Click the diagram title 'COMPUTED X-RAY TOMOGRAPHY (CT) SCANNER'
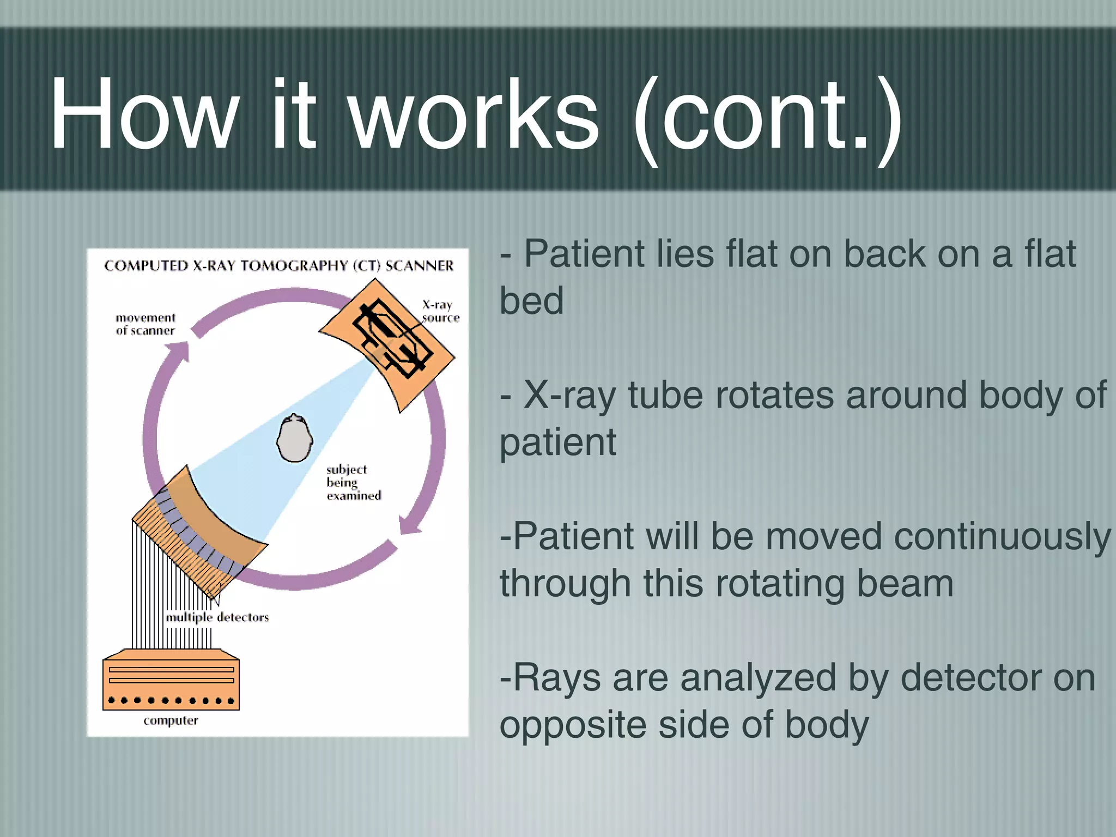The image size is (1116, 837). tap(278, 266)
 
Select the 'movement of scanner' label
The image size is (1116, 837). tap(145, 324)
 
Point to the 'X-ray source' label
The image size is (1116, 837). tap(440, 311)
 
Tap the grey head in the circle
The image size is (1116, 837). tap(294, 439)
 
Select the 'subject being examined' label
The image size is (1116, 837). tap(353, 482)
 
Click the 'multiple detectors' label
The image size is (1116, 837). tap(217, 617)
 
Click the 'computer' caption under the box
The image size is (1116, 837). tap(171, 720)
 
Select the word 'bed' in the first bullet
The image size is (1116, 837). tap(531, 301)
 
